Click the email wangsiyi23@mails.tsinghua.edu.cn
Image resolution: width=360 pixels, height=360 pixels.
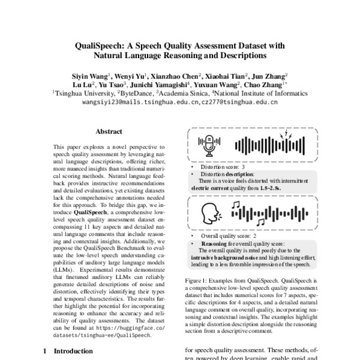click(131, 102)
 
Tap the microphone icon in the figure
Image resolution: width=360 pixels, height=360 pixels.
click(208, 145)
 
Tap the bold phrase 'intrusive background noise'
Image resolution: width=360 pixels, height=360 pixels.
click(224, 257)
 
